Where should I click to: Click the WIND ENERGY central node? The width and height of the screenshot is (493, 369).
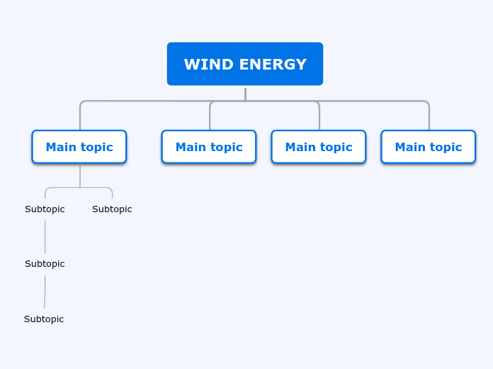pos(245,64)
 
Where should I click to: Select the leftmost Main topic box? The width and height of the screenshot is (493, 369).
pos(79,147)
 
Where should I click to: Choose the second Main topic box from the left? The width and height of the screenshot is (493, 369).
pos(209,147)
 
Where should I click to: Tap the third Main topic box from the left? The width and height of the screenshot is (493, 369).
pos(319,147)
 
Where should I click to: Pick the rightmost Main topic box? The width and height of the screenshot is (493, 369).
pos(429,147)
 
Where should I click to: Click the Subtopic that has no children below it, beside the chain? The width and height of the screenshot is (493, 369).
pos(112,209)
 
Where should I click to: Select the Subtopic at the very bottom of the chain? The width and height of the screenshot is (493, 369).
pos(44,319)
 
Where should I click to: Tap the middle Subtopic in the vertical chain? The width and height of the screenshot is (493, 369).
pos(45,264)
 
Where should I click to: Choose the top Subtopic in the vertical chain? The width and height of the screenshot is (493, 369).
pos(45,209)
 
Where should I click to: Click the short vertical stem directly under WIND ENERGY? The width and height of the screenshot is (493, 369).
pos(245,94)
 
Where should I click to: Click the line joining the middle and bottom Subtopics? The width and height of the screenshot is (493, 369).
pos(45,292)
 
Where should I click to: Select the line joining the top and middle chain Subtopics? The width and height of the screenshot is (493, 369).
pos(45,236)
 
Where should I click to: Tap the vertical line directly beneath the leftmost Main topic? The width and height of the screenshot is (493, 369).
pos(80,175)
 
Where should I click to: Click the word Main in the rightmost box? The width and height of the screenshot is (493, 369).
pos(409,147)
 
